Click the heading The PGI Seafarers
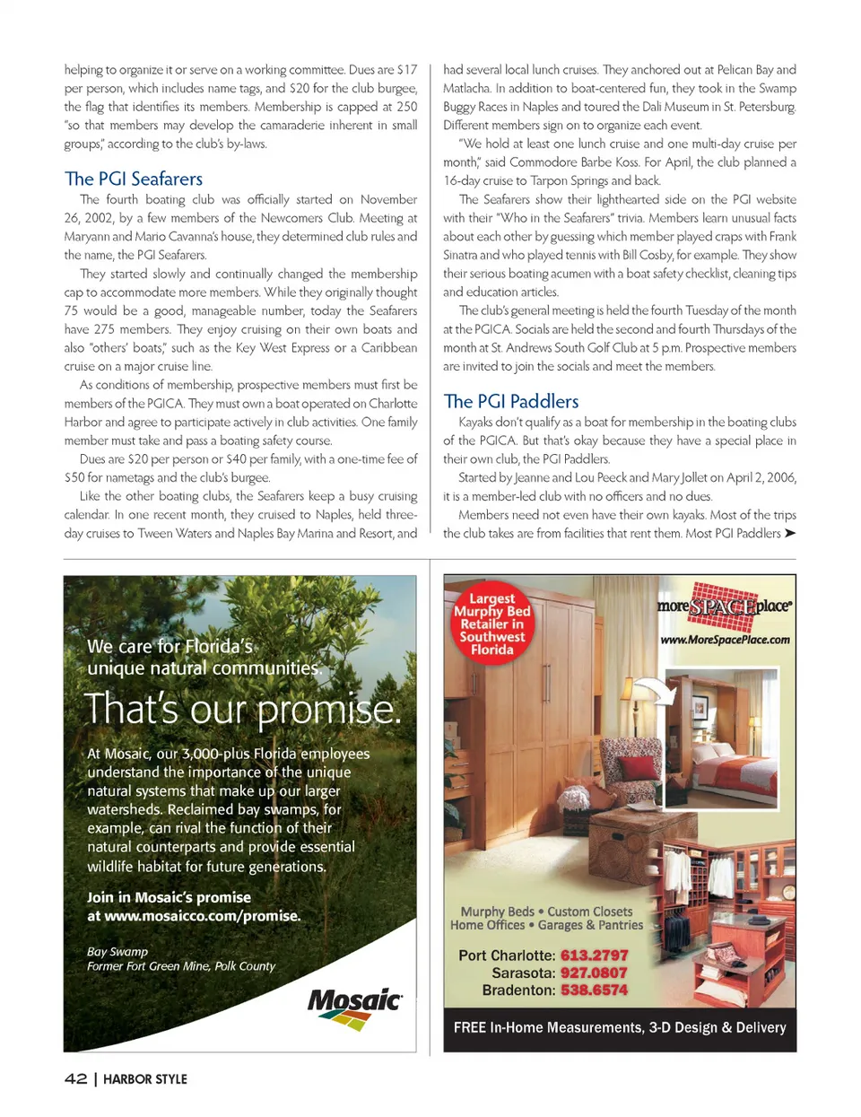tap(134, 179)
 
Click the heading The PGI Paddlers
tap(511, 401)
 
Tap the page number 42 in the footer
tap(75, 1078)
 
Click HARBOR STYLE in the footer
tap(145, 1079)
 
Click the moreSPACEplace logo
tap(724, 606)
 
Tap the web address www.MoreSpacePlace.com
tap(725, 640)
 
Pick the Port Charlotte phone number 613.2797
tap(594, 956)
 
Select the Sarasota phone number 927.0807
tap(594, 973)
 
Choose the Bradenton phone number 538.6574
tap(594, 990)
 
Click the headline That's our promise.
tap(242, 710)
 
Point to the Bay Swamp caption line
tap(117, 951)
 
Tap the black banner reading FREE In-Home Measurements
tap(620, 1028)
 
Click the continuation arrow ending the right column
tap(789, 533)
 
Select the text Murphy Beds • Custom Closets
tap(546, 912)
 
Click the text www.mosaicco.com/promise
tap(203, 916)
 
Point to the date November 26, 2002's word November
tap(389, 199)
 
